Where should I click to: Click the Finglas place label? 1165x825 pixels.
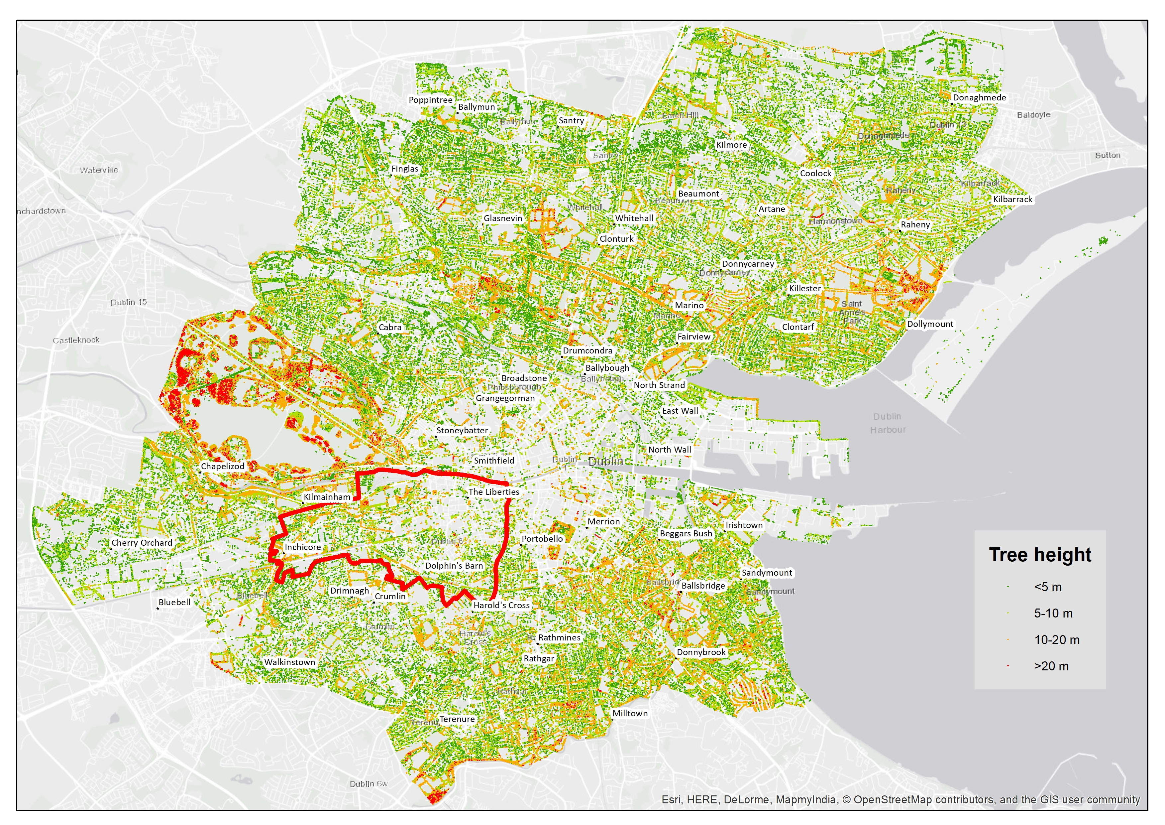coord(405,169)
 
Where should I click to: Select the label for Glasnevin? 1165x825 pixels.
coord(502,218)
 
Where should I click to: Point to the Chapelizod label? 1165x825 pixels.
coord(222,466)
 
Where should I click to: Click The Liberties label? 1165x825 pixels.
coord(493,492)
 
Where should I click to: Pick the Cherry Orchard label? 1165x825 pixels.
coord(142,543)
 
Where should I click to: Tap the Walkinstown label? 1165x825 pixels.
coord(289,662)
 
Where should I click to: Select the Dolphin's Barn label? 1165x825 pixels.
coord(454,565)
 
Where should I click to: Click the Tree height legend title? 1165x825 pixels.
coord(1040,555)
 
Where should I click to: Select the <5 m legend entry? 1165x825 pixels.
coord(1047,587)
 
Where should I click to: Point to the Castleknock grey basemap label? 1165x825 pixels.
coord(76,340)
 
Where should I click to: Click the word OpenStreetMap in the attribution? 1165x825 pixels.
coord(893,800)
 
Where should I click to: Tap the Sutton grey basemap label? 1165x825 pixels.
coord(1107,155)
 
